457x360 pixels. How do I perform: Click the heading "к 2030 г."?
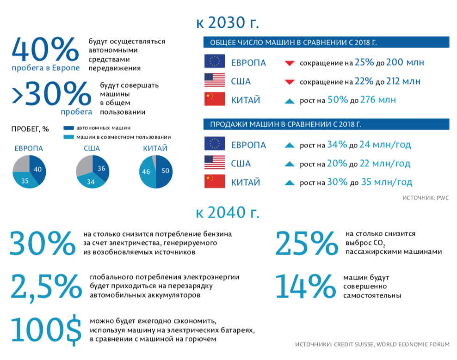(x=228, y=23)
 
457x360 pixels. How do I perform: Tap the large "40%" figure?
(x=45, y=49)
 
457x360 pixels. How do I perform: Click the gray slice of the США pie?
(x=84, y=165)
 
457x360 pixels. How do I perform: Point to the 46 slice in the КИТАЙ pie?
(x=148, y=172)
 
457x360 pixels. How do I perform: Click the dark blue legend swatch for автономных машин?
(x=68, y=128)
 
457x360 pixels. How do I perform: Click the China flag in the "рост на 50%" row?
(x=215, y=100)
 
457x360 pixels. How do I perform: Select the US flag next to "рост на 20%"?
(x=215, y=164)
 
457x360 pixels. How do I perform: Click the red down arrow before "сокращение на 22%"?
(x=290, y=82)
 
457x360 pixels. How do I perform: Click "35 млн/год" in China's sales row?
(x=386, y=182)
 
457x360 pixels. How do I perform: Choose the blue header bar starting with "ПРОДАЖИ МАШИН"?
(x=326, y=125)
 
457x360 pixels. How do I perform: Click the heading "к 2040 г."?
(x=228, y=213)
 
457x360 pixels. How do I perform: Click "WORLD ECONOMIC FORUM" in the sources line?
(x=414, y=344)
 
